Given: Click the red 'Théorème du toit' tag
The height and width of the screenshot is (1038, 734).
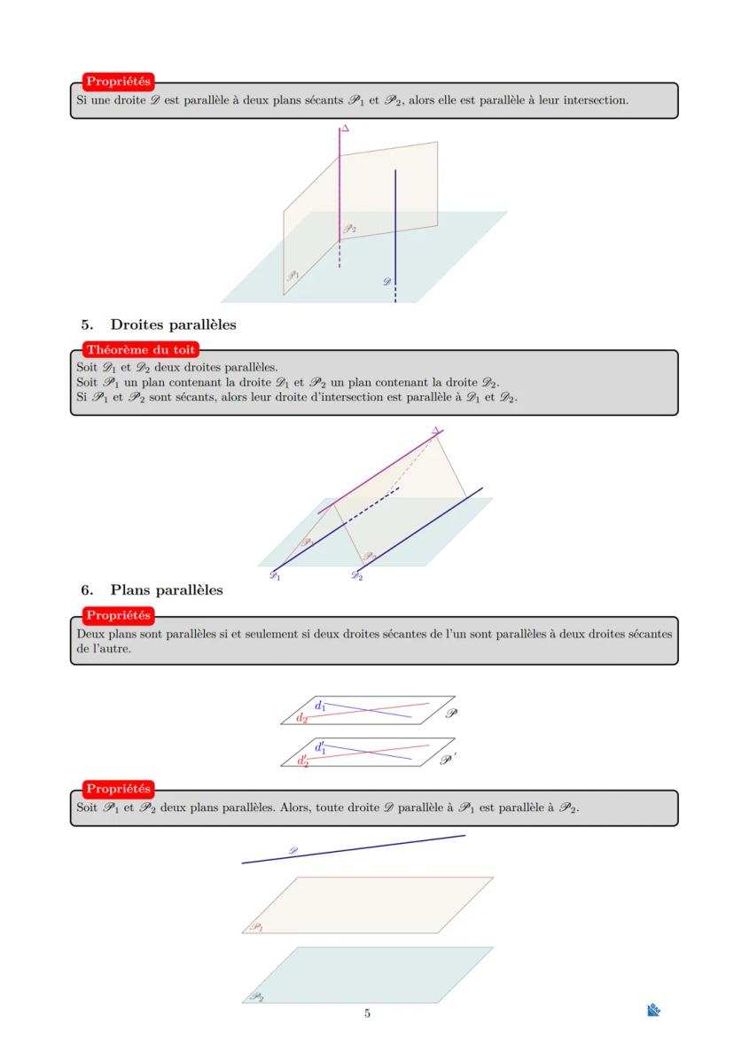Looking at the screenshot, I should [140, 350].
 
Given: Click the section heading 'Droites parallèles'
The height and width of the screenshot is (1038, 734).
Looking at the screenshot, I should [173, 324].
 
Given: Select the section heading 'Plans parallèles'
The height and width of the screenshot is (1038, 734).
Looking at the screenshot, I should [166, 589].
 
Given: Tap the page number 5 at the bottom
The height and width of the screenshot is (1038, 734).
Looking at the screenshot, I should [367, 1013].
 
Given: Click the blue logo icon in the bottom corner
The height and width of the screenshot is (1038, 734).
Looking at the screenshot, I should [654, 1010].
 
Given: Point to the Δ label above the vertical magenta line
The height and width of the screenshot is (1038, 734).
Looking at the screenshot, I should [346, 129].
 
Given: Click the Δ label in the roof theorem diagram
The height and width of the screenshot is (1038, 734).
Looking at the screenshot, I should [435, 431].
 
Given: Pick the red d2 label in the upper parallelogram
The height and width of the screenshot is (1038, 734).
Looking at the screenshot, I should [302, 718].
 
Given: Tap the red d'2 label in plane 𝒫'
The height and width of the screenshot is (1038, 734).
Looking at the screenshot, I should [303, 761].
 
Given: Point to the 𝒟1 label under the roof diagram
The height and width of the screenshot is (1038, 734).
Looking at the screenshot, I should [275, 576].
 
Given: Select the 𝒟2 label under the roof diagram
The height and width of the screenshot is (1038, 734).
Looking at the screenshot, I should [356, 576].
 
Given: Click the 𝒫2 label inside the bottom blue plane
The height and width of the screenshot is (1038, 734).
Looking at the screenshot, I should [255, 996].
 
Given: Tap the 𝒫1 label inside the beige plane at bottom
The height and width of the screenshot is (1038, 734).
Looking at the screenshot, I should [255, 926].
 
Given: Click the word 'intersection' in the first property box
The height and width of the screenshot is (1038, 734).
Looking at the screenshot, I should [596, 100].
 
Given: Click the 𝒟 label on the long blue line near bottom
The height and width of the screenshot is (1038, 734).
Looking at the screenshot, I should [293, 850].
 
